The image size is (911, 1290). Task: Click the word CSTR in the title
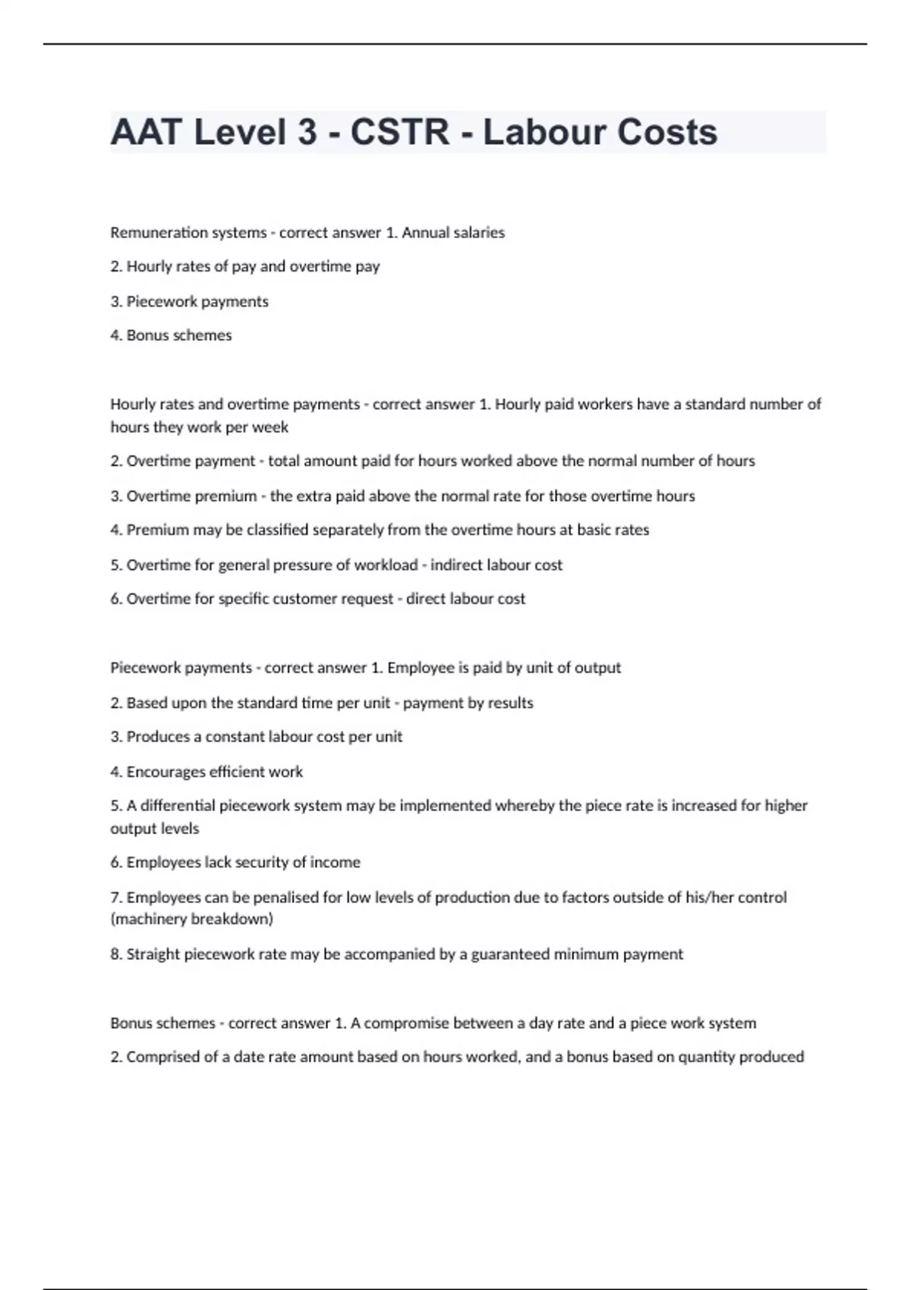(399, 132)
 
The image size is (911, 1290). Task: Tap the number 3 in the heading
(307, 132)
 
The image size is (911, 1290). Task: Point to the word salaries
(479, 233)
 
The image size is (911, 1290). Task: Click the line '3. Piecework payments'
(189, 301)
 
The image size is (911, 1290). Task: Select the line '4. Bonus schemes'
(171, 335)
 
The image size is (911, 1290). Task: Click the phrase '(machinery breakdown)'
(191, 919)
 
